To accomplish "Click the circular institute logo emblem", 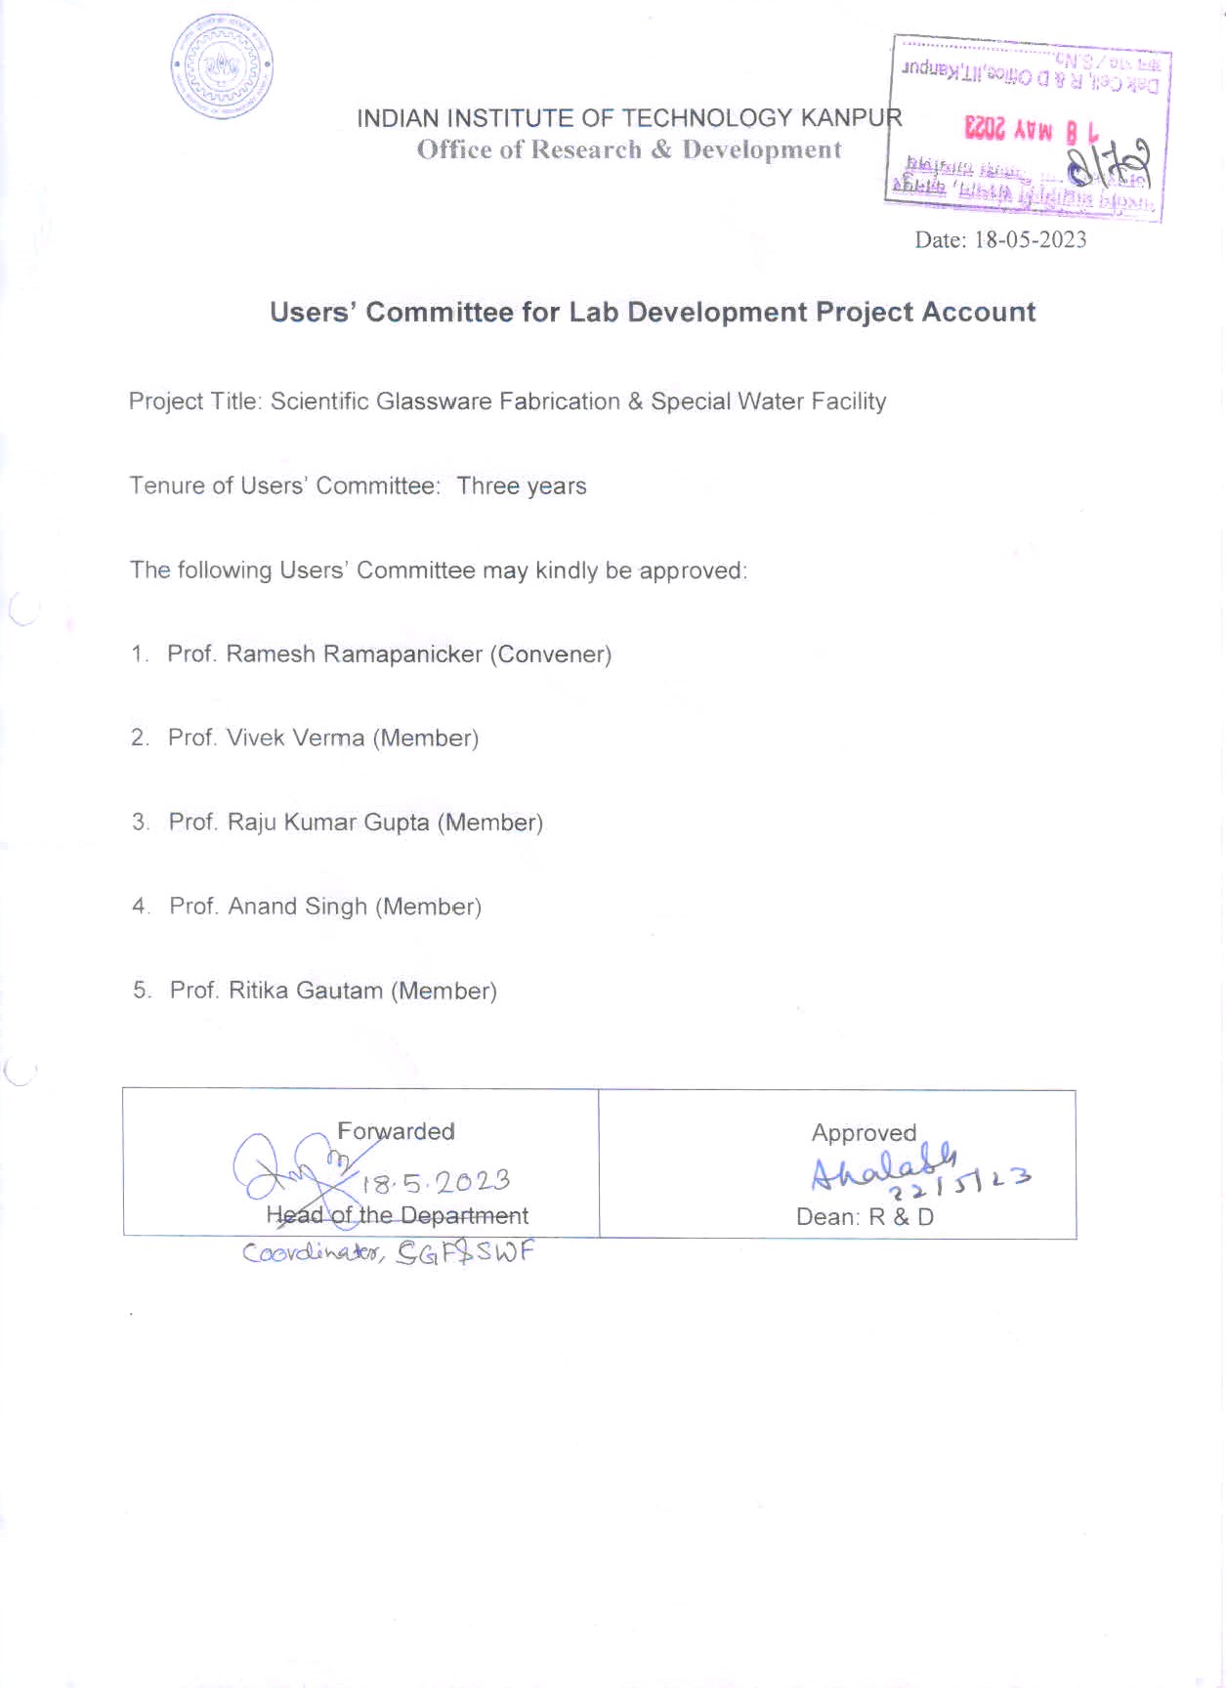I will pyautogui.click(x=223, y=67).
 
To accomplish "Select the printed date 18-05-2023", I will pyautogui.click(x=1030, y=240).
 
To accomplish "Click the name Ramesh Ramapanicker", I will pyautogui.click(x=354, y=654).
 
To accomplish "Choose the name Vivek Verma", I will pyautogui.click(x=295, y=738).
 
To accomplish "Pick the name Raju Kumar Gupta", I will pyautogui.click(x=328, y=823).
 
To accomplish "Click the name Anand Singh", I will pyautogui.click(x=297, y=907).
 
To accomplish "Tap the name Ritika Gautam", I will pyautogui.click(x=305, y=991).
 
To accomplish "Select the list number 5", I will pyautogui.click(x=142, y=991).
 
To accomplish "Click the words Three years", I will pyautogui.click(x=522, y=486).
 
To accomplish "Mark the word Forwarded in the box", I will pyautogui.click(x=396, y=1131).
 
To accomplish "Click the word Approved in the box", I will pyautogui.click(x=864, y=1133).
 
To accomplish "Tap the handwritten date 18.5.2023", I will pyautogui.click(x=437, y=1183).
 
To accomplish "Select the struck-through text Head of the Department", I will pyautogui.click(x=397, y=1216).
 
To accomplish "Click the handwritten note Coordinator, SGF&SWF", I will pyautogui.click(x=388, y=1253).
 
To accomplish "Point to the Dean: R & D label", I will pyautogui.click(x=865, y=1217).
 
